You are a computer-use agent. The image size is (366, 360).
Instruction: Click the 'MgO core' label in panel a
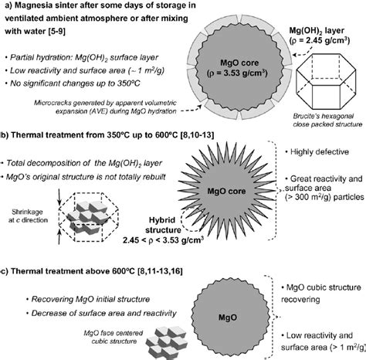pos(239,63)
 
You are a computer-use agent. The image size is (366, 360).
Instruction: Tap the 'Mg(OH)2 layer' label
pos(317,31)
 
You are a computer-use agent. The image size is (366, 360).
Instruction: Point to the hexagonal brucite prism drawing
pos(326,81)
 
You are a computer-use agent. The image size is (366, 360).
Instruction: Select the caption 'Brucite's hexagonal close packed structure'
pos(327,120)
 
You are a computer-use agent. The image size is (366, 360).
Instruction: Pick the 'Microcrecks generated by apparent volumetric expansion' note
pos(105,107)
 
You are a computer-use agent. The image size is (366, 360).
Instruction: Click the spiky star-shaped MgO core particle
pos(226,191)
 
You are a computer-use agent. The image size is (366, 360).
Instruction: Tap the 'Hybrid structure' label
pos(163,225)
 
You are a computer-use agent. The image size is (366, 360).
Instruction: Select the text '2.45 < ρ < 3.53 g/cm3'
pos(163,240)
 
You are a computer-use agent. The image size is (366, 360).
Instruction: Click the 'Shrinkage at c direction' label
pos(28,216)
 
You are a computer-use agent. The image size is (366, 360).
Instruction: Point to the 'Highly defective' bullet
pos(317,151)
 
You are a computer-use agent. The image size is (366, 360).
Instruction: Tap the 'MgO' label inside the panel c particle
pos(228,318)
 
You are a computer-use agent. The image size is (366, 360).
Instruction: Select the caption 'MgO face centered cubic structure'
pos(114,337)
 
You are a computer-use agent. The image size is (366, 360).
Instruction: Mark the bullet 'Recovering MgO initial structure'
pos(88,299)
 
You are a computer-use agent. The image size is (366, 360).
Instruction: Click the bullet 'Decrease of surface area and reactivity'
pos(101,313)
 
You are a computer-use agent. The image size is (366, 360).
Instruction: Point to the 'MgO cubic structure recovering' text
pos(321,294)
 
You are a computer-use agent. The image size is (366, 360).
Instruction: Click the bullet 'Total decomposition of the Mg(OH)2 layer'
pos(81,163)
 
